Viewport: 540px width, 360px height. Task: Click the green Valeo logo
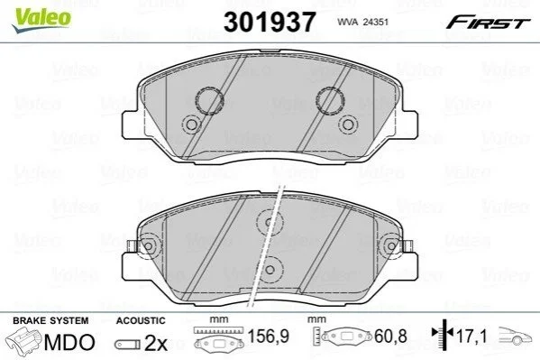pos(41,20)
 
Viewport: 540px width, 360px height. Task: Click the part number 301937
pos(270,22)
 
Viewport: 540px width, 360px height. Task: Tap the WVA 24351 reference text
pos(362,22)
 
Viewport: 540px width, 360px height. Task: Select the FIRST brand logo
pos(488,23)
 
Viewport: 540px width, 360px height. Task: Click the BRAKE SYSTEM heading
pos(50,320)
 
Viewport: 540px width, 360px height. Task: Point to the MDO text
pos(69,343)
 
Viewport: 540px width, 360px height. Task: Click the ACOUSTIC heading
pos(141,320)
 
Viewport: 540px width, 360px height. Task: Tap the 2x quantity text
pos(156,343)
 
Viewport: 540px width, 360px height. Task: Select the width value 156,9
pos(269,337)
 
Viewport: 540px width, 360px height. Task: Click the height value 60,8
pos(390,337)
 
